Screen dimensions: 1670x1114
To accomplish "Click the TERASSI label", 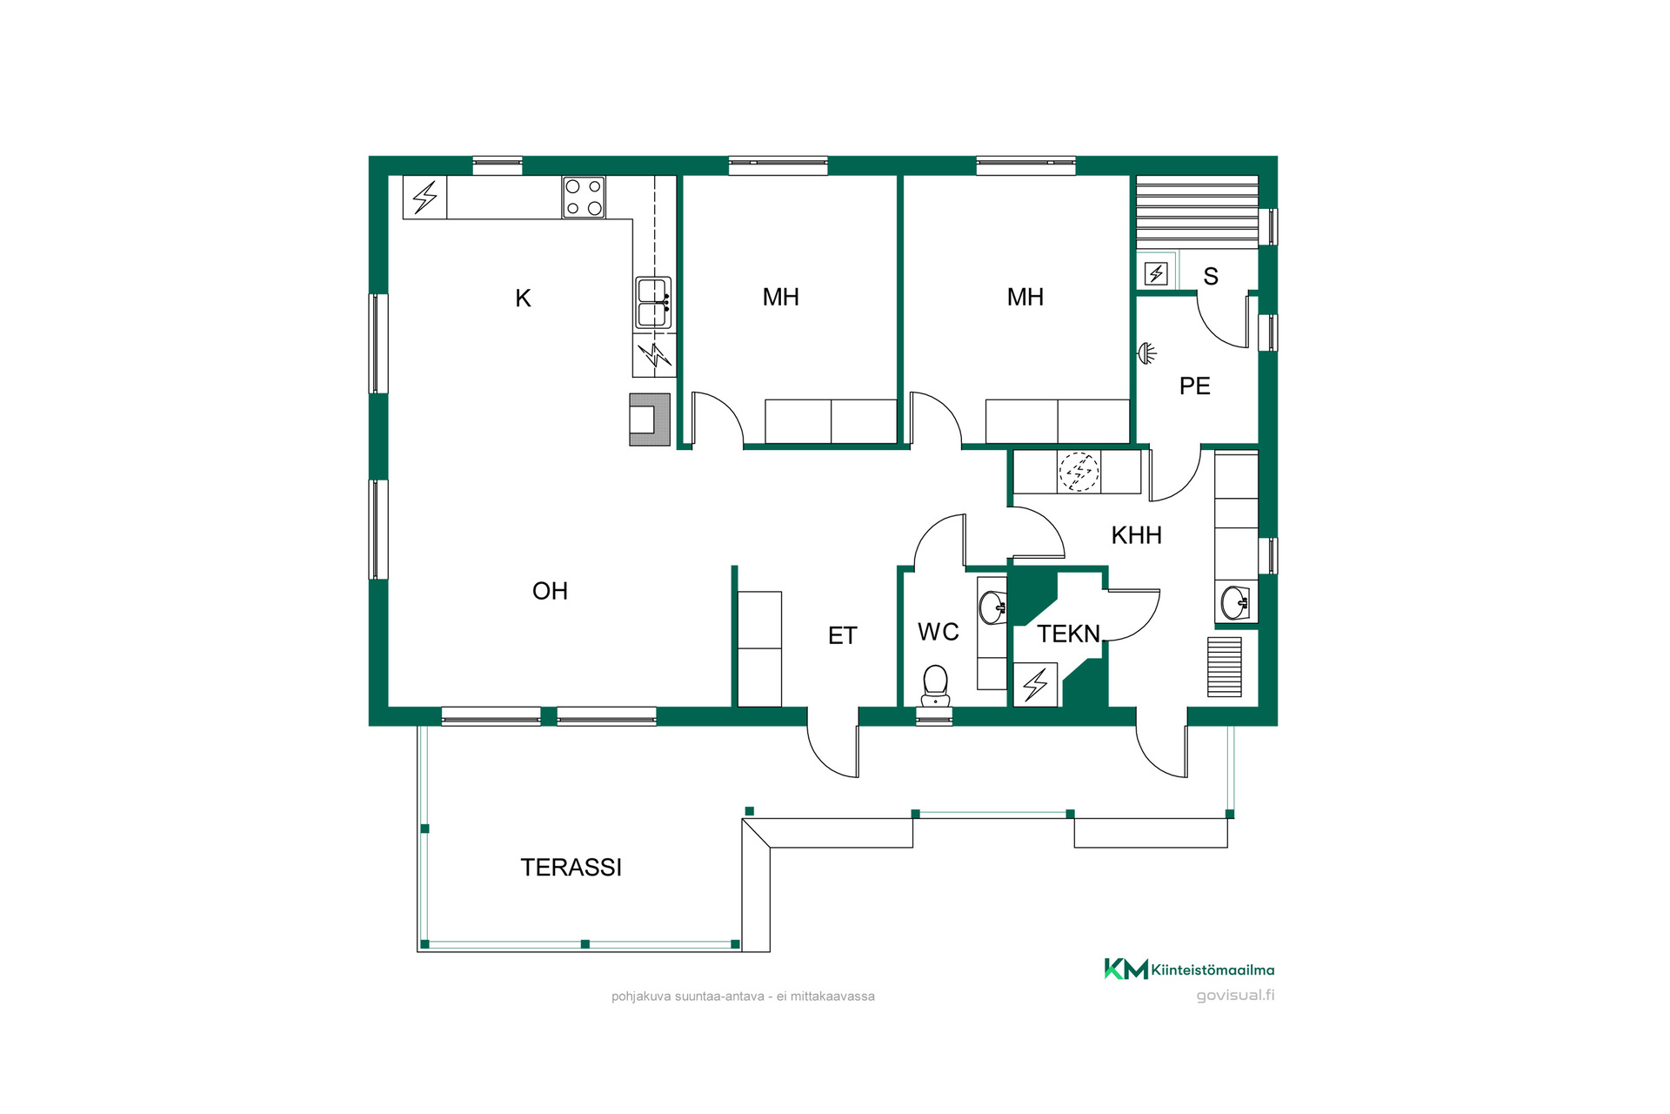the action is [x=571, y=867].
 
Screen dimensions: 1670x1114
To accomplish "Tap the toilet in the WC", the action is [x=935, y=686].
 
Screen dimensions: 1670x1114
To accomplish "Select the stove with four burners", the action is [x=584, y=198].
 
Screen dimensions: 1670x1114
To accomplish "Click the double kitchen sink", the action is [x=653, y=303].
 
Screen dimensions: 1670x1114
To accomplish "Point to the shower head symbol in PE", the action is [x=1147, y=353].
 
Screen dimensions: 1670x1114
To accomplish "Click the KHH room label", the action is [x=1136, y=535].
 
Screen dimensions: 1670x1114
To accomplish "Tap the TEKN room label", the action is [x=1068, y=634].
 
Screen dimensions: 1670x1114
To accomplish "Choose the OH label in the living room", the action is [x=550, y=591].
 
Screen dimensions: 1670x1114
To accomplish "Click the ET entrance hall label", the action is [x=842, y=636].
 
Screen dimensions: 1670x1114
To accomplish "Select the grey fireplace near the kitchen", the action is [x=650, y=419].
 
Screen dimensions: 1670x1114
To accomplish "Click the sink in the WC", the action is [x=992, y=607].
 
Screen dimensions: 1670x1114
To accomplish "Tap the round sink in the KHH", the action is [x=1235, y=602].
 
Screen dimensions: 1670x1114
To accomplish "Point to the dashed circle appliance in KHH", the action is [x=1079, y=472].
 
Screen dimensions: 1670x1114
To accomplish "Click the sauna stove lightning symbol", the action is [x=1156, y=274].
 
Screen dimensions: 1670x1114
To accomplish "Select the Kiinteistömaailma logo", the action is [x=1189, y=969].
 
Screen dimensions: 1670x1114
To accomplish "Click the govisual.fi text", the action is [x=1235, y=996].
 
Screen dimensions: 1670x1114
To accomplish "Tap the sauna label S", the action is [x=1211, y=277].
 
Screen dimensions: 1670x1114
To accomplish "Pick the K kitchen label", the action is [x=523, y=299].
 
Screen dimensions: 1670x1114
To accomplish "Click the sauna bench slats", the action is [x=1197, y=211].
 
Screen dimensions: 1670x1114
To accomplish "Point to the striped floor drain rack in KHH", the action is [x=1224, y=667].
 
